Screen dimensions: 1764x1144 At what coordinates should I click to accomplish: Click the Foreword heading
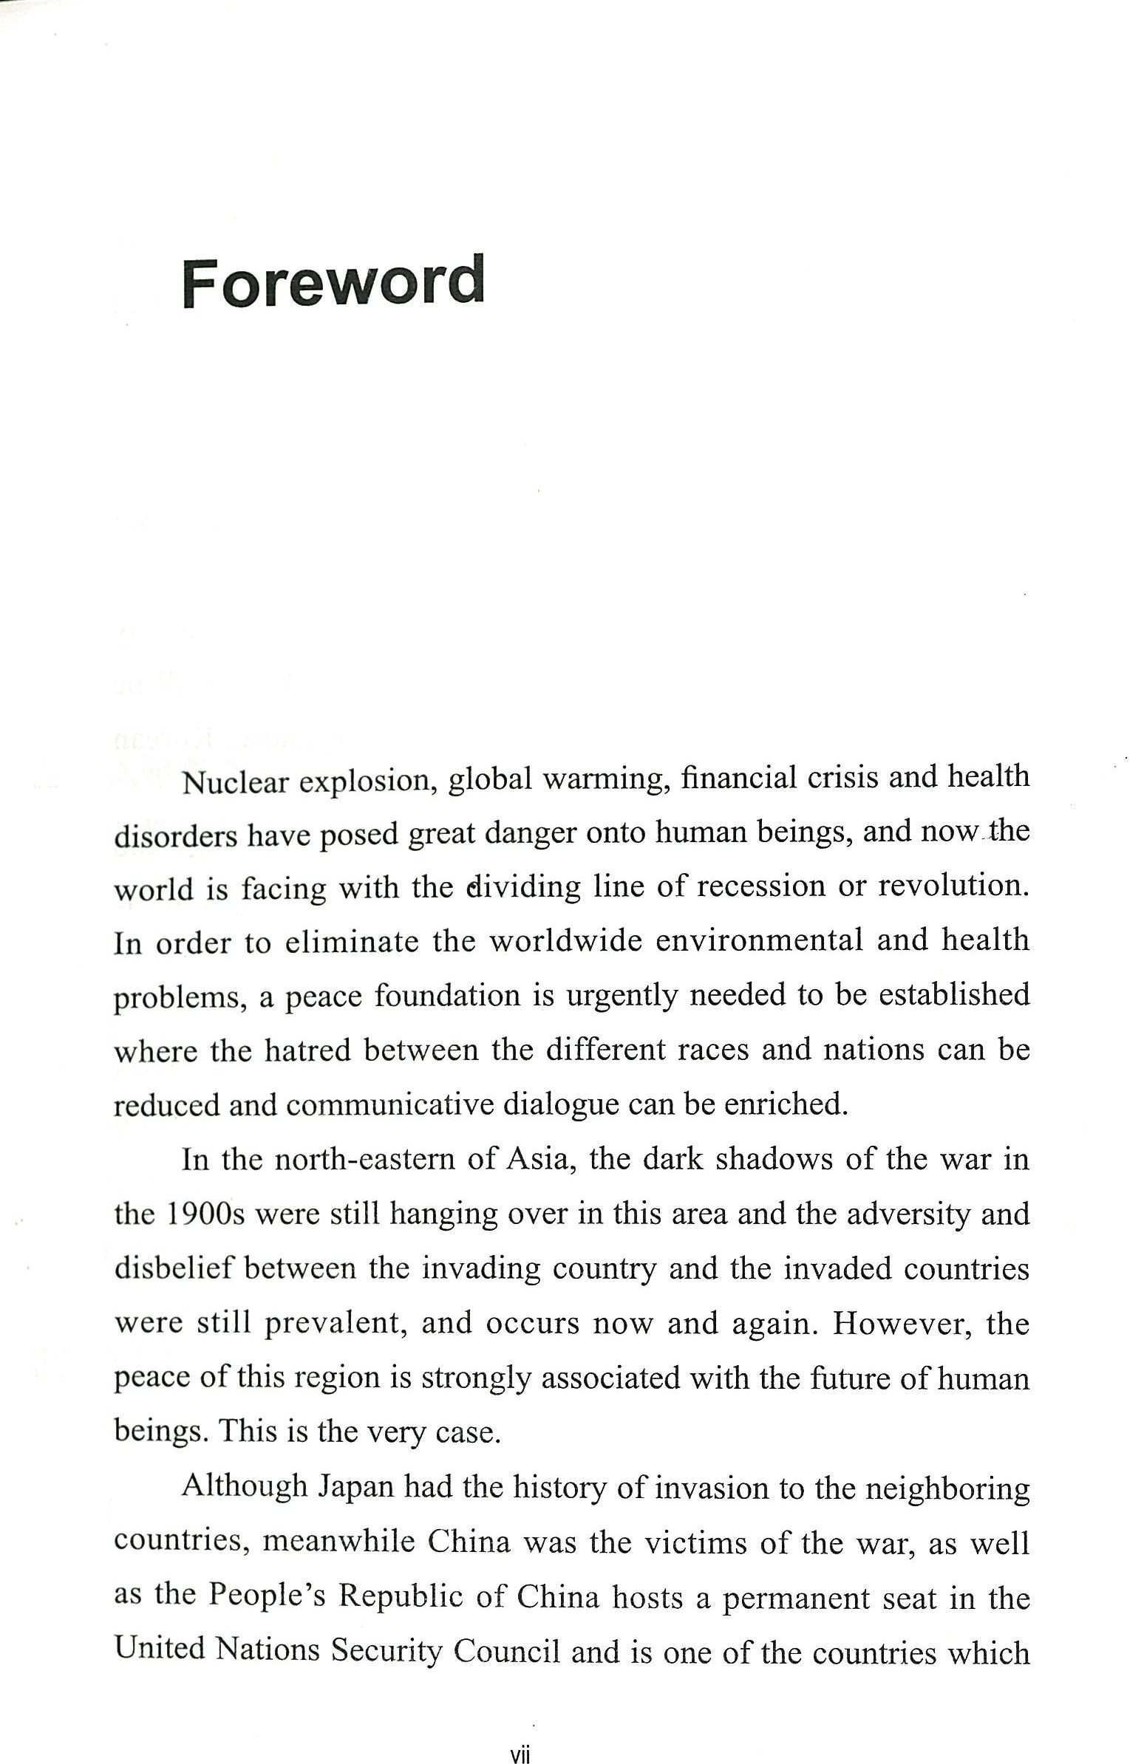click(x=333, y=281)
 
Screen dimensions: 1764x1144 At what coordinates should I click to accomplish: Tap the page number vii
click(x=520, y=1754)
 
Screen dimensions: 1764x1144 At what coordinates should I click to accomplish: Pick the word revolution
click(x=954, y=886)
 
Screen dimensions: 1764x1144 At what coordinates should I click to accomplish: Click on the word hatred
click(x=307, y=1050)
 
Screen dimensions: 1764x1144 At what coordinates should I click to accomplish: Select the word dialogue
click(x=560, y=1105)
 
